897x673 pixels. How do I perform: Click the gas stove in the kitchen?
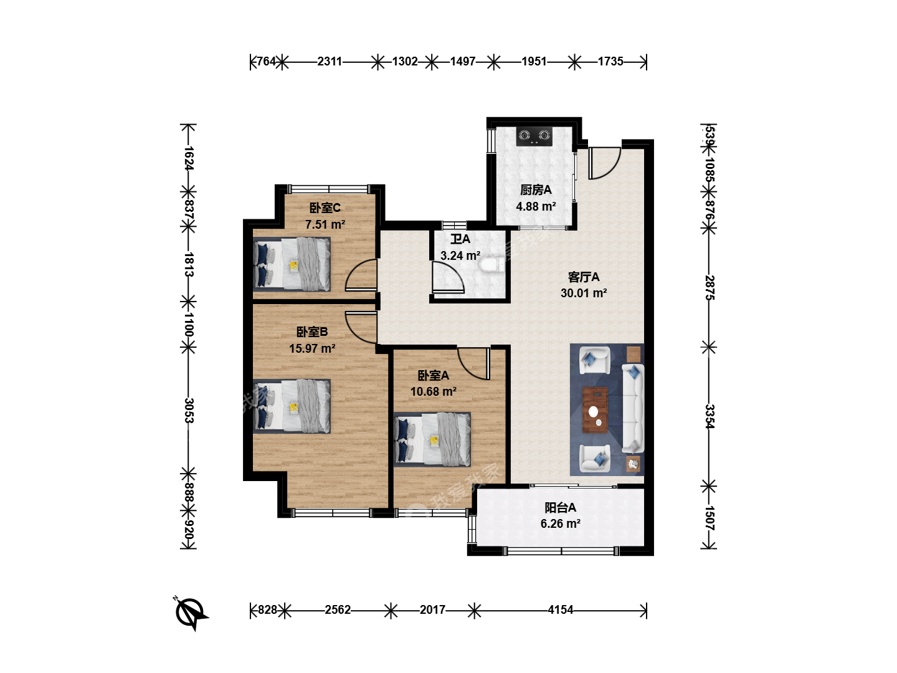534,136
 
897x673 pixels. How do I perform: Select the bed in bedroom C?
292,264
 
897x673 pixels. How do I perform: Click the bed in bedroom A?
432,439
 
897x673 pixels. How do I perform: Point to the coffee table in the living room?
595,409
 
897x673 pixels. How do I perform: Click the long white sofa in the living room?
633,408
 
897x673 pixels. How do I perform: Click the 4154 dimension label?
560,610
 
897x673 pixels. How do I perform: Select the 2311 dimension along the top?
330,62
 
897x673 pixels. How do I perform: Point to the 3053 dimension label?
189,411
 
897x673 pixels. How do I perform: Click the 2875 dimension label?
710,288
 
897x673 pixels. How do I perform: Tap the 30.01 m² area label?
584,293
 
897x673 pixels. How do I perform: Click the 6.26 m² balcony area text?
560,523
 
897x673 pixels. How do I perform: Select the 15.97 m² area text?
312,348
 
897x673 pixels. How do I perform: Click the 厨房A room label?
536,190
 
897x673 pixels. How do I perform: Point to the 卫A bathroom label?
460,239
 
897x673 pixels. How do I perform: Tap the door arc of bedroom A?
466,370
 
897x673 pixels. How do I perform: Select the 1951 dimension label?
534,62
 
